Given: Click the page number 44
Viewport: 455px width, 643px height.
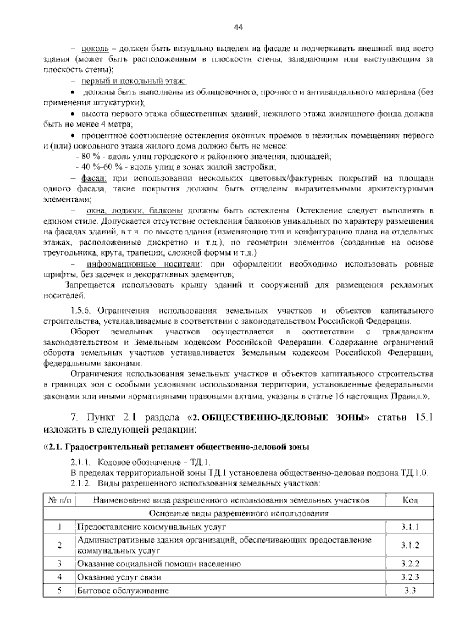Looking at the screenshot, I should point(238,27).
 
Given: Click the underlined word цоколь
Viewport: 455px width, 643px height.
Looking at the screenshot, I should point(95,49).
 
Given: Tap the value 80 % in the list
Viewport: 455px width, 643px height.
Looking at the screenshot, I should point(89,156).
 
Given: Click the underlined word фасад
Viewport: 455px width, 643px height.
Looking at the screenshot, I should point(94,178).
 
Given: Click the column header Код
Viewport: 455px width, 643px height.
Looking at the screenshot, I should point(410,500).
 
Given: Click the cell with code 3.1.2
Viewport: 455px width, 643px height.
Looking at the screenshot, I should point(410,545).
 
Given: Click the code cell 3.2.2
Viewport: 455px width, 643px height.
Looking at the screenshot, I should point(410,563).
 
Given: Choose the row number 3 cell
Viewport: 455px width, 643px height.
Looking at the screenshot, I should point(60,563).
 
